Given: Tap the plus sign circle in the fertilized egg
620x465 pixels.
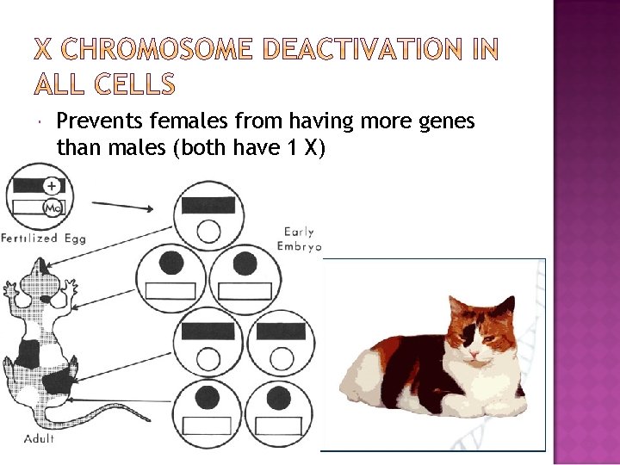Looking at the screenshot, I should (x=52, y=185).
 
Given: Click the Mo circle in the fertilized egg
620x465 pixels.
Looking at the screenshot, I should (x=52, y=207).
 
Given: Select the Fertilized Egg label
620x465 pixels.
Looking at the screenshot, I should (x=43, y=238).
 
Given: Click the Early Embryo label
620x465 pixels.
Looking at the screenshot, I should (x=299, y=239).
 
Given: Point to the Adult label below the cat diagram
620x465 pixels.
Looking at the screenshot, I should (x=40, y=438).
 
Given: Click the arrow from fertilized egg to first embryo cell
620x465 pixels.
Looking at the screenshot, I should (x=122, y=205).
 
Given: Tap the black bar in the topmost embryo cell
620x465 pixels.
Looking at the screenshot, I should (x=208, y=205).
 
